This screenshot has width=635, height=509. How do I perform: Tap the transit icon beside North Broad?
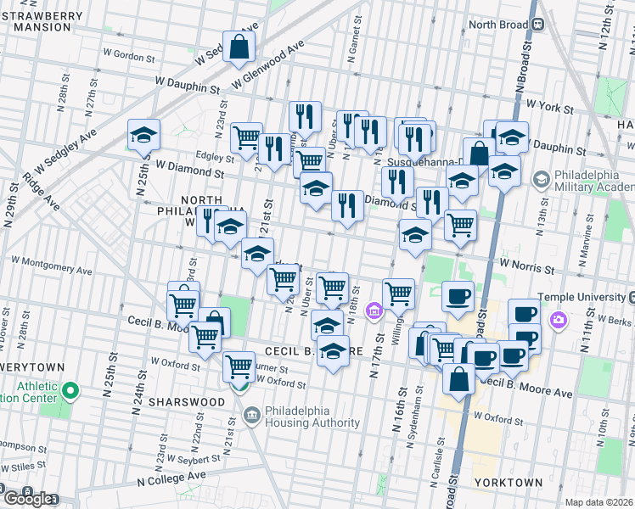(x=537, y=25)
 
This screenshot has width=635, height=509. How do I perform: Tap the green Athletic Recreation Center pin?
(x=71, y=391)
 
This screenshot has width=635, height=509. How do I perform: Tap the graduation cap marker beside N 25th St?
(x=144, y=135)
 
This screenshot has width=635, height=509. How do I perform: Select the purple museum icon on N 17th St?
(x=374, y=313)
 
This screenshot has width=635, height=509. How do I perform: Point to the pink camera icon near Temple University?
(x=559, y=320)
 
